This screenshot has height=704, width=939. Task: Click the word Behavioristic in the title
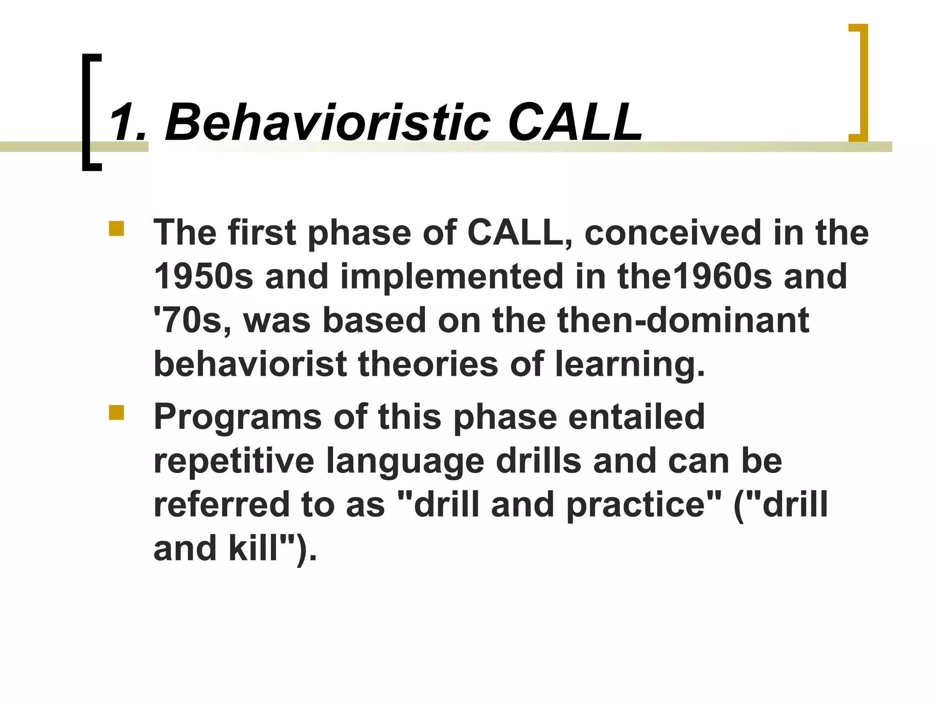(x=327, y=122)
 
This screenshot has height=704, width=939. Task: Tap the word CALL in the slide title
(x=575, y=122)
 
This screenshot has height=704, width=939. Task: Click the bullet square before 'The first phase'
(x=116, y=228)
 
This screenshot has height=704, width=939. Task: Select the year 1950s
(x=203, y=276)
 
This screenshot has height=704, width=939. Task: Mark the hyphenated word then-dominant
(x=651, y=320)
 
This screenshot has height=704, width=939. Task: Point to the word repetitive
(x=233, y=461)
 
